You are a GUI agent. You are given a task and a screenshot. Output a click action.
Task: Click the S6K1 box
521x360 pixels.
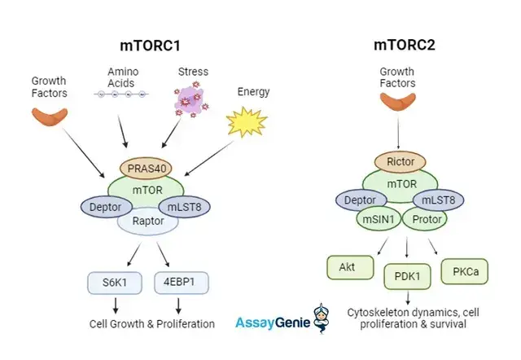(112, 283)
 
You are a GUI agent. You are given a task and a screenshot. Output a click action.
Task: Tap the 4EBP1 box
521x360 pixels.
(181, 283)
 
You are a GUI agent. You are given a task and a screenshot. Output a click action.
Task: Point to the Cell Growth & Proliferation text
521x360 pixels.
(152, 323)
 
